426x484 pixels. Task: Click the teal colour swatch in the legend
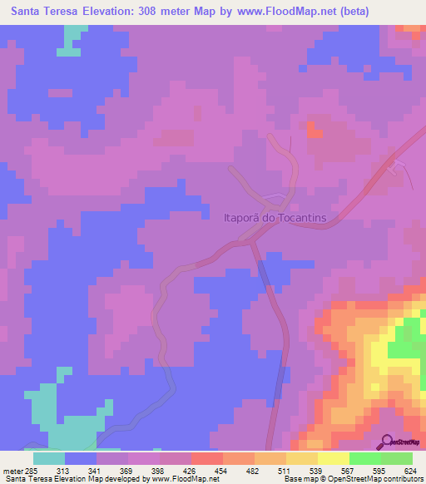49,458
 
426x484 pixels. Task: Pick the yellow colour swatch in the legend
334,458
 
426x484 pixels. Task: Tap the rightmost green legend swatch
397,458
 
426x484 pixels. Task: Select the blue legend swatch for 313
81,458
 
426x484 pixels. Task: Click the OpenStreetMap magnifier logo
389,441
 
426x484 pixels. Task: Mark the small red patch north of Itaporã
314,130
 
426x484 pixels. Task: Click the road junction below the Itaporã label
251,241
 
